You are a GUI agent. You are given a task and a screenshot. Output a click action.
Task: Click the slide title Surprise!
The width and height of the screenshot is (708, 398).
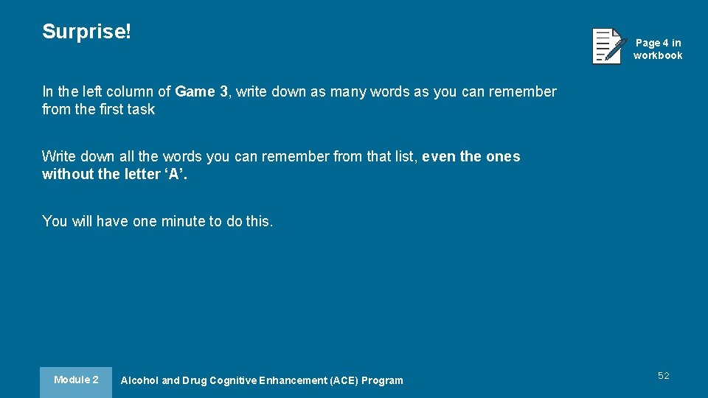coord(86,32)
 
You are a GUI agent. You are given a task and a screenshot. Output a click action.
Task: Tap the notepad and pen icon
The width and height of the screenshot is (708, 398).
coord(608,46)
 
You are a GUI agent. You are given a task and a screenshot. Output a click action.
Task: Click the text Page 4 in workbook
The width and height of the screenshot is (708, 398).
coord(658,49)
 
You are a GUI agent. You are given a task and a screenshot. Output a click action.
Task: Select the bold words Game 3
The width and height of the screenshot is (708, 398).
coord(201,92)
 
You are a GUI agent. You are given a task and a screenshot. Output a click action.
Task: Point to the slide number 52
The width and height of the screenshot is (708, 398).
coord(664,376)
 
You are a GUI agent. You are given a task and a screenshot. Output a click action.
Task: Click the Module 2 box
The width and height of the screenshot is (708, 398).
coord(76,380)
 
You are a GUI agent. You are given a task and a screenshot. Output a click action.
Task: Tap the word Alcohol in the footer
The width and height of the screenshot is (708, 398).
coord(139,381)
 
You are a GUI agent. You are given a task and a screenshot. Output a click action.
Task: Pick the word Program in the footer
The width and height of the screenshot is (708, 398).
coord(382,381)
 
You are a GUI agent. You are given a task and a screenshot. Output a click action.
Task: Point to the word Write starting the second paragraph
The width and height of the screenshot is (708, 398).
coord(59,157)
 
